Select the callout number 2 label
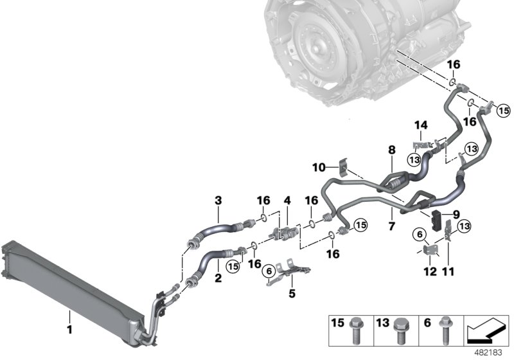218,280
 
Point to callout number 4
287,201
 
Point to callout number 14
420,125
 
